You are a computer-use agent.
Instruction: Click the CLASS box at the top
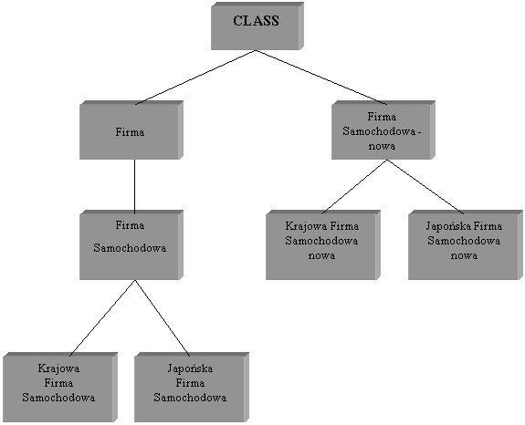257,26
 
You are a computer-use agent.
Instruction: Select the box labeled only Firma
131,130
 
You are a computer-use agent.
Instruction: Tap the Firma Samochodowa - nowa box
383,130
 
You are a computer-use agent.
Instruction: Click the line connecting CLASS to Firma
195,78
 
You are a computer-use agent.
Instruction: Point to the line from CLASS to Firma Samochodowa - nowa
321,78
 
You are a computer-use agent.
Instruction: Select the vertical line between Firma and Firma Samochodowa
134,187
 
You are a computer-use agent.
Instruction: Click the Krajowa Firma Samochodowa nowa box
323,244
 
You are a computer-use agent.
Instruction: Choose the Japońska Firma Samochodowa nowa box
466,244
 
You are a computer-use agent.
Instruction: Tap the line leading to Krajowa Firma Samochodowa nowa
354,187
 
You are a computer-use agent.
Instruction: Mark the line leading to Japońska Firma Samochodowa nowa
425,187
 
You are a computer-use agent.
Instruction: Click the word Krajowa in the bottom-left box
58,368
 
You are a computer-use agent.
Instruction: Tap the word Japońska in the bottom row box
190,368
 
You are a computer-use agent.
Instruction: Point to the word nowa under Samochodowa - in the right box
382,146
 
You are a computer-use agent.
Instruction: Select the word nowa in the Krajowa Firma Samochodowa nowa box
321,255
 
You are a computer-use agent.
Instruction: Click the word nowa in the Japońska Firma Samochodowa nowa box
464,255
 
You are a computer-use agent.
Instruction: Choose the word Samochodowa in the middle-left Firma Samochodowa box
130,248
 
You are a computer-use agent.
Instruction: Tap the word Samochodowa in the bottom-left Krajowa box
58,398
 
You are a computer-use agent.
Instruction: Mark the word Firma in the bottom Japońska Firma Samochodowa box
190,382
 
